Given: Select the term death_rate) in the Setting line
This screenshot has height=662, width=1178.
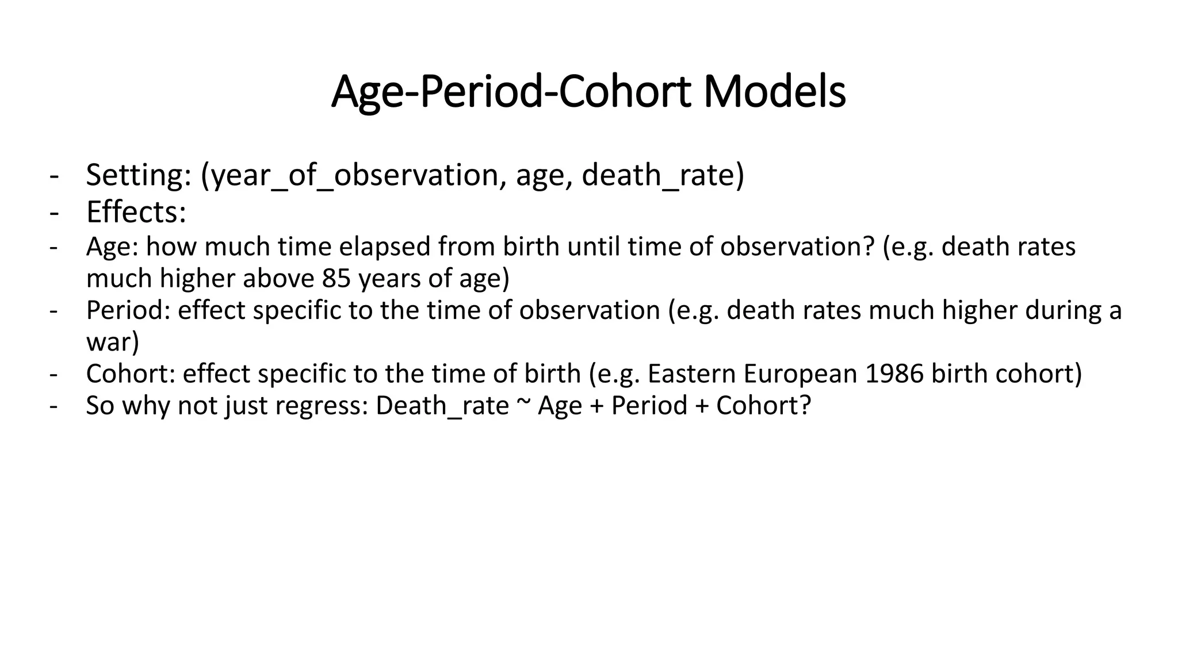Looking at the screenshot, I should [x=663, y=175].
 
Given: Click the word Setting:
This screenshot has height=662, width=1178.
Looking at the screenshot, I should [x=139, y=175].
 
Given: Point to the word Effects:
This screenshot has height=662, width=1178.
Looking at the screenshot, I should [x=136, y=212].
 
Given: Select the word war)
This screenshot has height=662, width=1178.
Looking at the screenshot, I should [x=113, y=342].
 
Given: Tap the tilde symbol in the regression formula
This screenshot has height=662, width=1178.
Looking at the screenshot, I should [x=523, y=404].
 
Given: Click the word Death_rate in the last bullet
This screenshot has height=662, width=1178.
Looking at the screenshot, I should [x=442, y=406].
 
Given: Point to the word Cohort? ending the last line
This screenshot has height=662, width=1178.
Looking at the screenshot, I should [x=763, y=406].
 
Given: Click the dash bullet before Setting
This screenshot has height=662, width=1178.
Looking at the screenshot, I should [x=54, y=175].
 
